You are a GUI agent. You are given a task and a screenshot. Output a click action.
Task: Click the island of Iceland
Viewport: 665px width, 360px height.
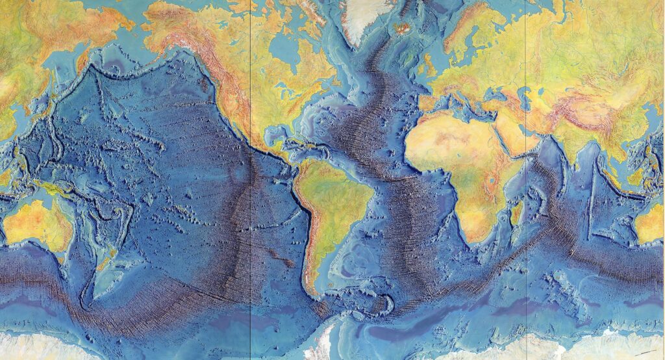pos(401,29)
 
